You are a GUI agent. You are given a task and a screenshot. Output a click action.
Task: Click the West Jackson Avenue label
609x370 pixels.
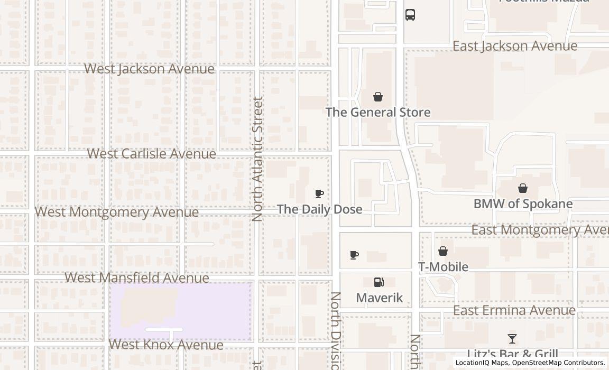click(149, 69)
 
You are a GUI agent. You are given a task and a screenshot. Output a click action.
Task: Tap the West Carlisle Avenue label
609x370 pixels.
click(151, 154)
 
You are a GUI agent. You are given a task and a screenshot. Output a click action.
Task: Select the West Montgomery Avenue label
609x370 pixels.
click(117, 212)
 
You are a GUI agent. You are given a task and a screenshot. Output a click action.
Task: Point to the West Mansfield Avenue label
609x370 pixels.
click(137, 277)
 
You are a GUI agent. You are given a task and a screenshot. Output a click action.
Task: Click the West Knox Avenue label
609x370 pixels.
click(166, 345)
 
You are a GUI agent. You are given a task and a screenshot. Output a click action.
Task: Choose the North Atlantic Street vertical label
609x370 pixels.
click(257, 159)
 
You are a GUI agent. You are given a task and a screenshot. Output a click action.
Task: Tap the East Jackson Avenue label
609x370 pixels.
click(515, 47)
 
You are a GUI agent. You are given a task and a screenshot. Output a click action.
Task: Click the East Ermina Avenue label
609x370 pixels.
click(514, 310)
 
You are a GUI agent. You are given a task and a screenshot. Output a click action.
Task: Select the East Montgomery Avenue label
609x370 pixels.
click(539, 230)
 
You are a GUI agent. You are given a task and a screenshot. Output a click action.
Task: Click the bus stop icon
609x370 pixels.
click(410, 15)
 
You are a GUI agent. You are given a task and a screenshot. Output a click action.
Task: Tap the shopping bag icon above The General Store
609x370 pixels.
click(378, 97)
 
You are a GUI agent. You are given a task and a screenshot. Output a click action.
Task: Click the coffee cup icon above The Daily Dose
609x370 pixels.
click(319, 194)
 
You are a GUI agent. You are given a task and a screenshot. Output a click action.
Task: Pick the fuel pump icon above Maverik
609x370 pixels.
click(379, 282)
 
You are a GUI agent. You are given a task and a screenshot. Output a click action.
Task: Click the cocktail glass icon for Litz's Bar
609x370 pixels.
click(512, 339)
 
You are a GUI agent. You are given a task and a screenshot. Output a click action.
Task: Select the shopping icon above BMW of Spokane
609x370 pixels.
click(523, 188)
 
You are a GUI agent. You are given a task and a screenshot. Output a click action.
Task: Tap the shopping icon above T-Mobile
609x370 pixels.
click(443, 251)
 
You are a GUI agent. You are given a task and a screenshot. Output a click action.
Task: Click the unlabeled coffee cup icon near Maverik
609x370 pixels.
click(354, 255)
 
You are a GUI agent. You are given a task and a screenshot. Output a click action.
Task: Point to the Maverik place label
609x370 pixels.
click(379, 298)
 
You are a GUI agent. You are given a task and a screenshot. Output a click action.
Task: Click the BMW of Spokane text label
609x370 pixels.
click(523, 204)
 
